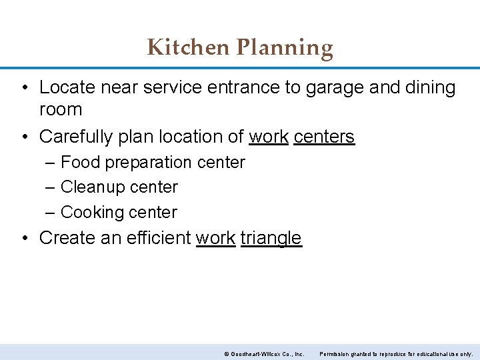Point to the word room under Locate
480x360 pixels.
pyautogui.click(x=61, y=110)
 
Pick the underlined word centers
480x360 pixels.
pyautogui.click(x=324, y=137)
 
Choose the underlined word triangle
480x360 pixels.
pyautogui.click(x=271, y=238)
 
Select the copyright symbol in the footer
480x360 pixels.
pyautogui.click(x=226, y=354)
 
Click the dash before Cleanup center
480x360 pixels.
pyautogui.click(x=51, y=187)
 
